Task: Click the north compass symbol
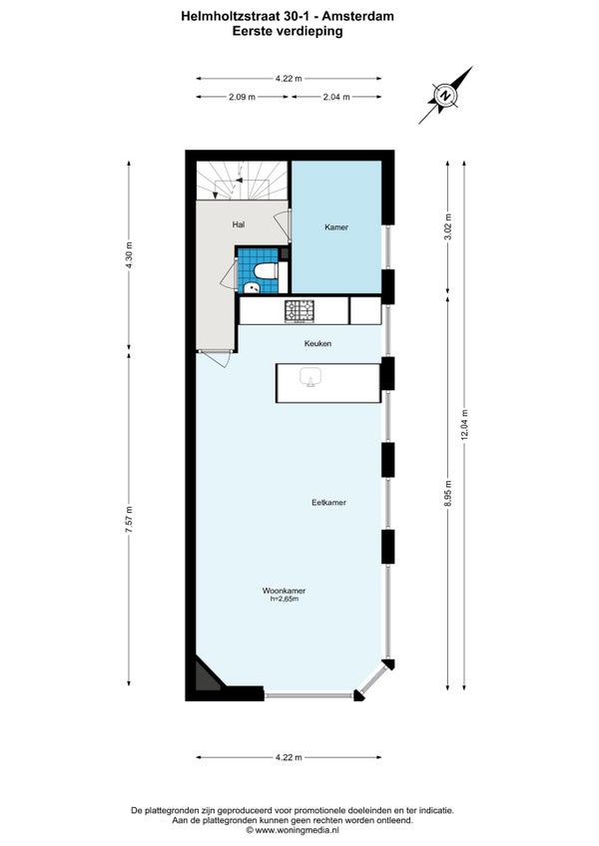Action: click(x=445, y=96)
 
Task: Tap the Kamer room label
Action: click(x=336, y=227)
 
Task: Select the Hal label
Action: click(x=239, y=223)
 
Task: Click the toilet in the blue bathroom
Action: click(x=266, y=270)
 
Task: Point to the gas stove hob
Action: click(x=299, y=311)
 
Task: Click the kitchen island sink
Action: click(x=311, y=377)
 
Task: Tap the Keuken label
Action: click(x=317, y=343)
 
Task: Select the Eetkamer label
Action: click(x=328, y=503)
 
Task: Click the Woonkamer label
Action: click(x=285, y=591)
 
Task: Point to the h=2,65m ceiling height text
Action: click(x=285, y=599)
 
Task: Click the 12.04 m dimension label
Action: click(x=464, y=425)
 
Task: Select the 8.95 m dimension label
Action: click(x=448, y=493)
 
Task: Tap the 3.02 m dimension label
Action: click(x=448, y=227)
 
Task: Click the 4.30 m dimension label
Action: click(x=129, y=254)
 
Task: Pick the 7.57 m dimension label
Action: click(x=129, y=520)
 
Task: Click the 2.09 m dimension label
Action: click(x=242, y=97)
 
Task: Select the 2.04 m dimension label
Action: click(x=336, y=97)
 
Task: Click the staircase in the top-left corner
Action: click(x=242, y=181)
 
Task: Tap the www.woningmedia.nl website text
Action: click(x=293, y=830)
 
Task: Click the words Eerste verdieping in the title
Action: click(x=288, y=31)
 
